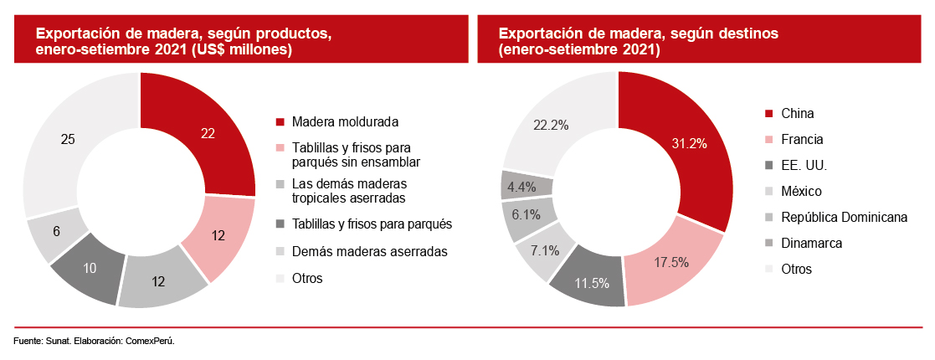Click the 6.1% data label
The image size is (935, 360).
526,214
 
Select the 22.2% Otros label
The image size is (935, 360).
551,125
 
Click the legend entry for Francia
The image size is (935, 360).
801,139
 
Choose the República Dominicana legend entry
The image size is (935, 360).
844,218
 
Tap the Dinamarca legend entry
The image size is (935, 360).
811,244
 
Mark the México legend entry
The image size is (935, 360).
801,192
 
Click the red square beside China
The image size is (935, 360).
769,114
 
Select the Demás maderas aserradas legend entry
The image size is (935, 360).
370,251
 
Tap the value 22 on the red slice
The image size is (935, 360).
208,132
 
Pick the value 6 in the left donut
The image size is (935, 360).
55,230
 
